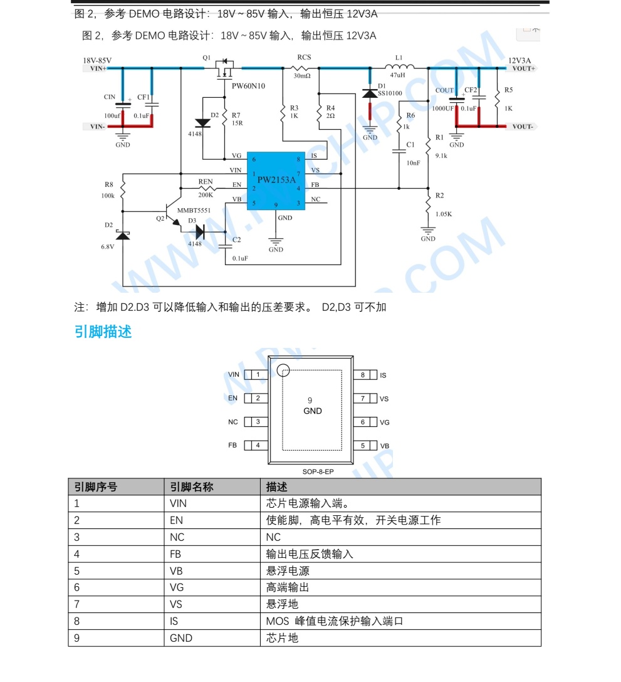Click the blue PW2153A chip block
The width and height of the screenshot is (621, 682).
point(276,181)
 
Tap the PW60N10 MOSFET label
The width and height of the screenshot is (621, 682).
point(248,86)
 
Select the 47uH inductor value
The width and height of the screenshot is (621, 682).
point(397,75)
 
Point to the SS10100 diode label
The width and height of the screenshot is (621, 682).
point(390,93)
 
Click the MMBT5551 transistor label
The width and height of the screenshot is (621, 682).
point(194,211)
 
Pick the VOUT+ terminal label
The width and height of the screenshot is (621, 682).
point(524,68)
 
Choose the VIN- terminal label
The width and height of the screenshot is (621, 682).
point(97,127)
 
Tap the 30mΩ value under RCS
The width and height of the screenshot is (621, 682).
point(302,76)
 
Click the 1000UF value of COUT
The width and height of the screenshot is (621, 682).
point(442,108)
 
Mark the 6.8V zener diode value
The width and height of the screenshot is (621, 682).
point(107,246)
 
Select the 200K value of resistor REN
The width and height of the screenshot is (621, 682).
point(206,195)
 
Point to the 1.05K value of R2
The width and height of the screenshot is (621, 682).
point(444,214)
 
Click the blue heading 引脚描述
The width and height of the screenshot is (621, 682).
point(103,332)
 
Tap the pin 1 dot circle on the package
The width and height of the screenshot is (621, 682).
point(283,370)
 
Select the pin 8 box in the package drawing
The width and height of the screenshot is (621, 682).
point(363,375)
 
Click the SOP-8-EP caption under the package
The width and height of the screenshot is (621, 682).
point(318,471)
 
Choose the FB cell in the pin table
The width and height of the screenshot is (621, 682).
point(212,554)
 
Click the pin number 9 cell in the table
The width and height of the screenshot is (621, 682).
point(116,638)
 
